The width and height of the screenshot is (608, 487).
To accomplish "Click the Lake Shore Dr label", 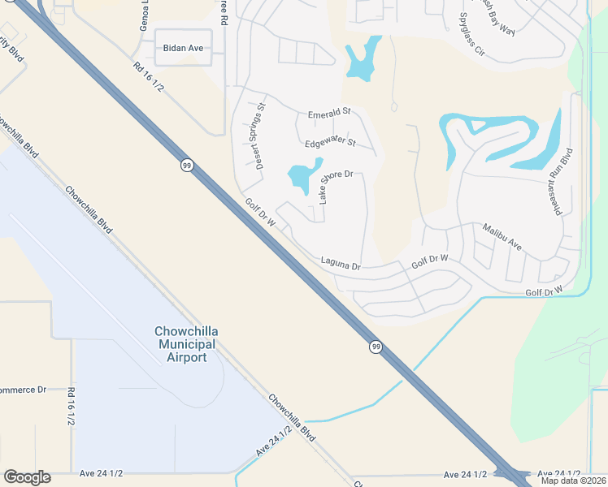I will click(335, 185).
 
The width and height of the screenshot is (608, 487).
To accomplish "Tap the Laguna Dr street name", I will click(340, 264).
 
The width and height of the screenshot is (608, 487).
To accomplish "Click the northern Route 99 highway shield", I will click(186, 165).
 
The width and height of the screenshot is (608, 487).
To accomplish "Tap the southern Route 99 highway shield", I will click(375, 347).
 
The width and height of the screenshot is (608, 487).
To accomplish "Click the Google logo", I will click(27, 477).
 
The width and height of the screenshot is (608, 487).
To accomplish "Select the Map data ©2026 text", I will click(572, 481).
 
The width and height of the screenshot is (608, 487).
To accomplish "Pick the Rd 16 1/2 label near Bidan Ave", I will click(148, 76).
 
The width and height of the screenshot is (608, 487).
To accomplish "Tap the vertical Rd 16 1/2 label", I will click(72, 408).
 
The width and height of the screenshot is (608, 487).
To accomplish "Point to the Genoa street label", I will click(144, 15).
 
